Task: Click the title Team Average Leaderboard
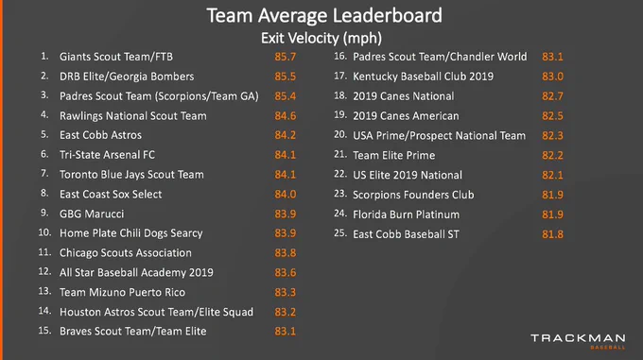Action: tap(324, 16)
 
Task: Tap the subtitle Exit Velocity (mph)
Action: tap(321, 38)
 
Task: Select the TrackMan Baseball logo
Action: tap(578, 341)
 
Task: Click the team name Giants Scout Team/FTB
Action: tap(116, 57)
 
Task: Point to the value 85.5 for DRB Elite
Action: tap(285, 77)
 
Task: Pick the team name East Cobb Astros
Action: tap(100, 135)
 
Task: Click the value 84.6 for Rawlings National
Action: tap(285, 116)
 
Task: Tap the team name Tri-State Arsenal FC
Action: tap(107, 155)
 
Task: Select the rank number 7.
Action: tap(44, 174)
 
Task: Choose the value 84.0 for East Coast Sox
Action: tap(285, 194)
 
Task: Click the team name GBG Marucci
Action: tap(92, 214)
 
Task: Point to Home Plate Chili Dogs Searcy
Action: tap(130, 233)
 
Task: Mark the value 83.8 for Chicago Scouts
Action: tap(285, 253)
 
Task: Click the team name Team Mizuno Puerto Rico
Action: tap(122, 292)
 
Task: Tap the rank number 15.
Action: tap(44, 331)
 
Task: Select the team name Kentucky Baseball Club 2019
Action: tap(424, 77)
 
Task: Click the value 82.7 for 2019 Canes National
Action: tap(552, 96)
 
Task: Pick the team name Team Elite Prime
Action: tap(393, 155)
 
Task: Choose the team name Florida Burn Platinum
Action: tap(406, 214)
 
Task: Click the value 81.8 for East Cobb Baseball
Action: tap(552, 234)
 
